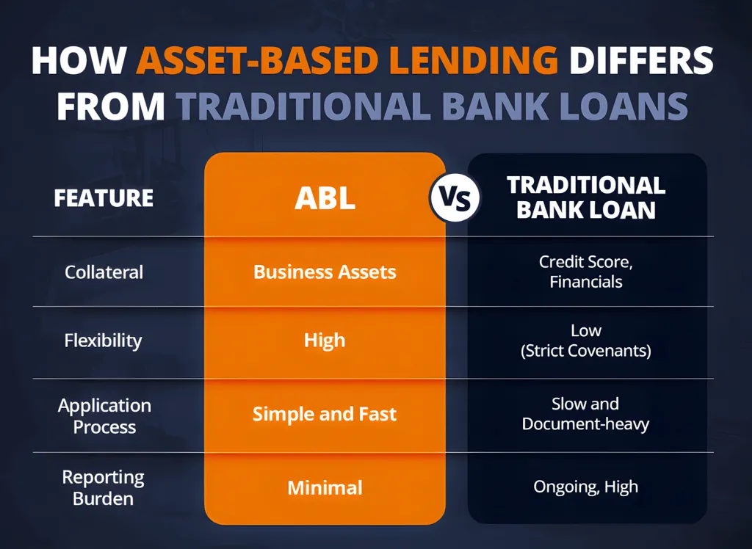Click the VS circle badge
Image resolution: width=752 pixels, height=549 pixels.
(455, 197)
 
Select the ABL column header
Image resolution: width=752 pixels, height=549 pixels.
(325, 198)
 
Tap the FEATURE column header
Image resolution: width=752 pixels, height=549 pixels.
(104, 198)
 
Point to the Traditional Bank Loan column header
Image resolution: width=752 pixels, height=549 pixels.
(586, 197)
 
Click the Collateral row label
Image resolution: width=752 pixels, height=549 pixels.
(104, 272)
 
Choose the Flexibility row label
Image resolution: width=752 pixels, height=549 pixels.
(103, 341)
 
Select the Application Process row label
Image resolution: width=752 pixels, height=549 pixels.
(104, 415)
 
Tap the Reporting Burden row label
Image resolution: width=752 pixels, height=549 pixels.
(103, 487)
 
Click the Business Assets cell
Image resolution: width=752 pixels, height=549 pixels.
(325, 272)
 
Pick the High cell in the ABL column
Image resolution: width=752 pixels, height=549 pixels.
(325, 341)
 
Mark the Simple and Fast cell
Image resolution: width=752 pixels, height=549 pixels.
(325, 414)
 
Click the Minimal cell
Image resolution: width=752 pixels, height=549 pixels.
(325, 487)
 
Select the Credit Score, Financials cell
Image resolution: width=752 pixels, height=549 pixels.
(586, 272)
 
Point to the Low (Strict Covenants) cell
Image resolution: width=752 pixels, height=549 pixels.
(586, 341)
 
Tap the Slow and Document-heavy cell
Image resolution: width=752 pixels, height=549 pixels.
(585, 414)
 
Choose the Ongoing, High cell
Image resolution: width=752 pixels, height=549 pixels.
(585, 487)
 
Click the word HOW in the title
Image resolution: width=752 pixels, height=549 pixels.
(79, 60)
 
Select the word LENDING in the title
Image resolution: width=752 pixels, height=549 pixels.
(474, 60)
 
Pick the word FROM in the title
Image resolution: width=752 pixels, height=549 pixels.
(111, 106)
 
